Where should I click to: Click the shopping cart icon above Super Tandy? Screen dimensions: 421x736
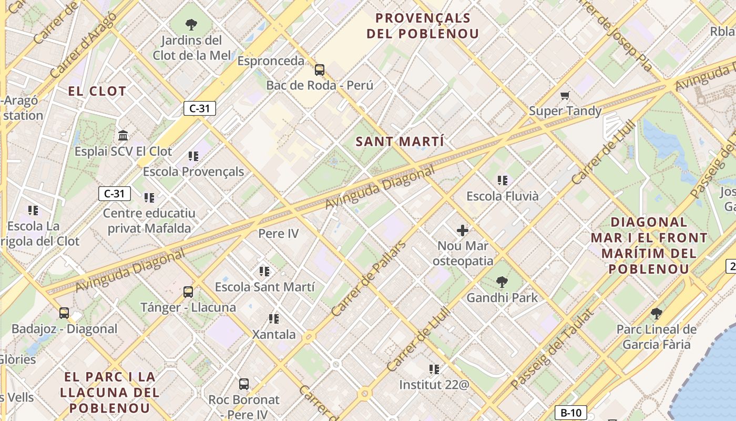[565, 96]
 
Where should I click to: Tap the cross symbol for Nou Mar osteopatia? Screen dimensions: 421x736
[463, 230]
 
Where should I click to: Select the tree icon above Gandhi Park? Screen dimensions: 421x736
[502, 283]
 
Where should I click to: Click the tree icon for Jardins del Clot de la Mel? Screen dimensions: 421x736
[191, 24]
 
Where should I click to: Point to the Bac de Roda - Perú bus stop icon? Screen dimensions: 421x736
[320, 69]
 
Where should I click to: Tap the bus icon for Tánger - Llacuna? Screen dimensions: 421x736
[188, 292]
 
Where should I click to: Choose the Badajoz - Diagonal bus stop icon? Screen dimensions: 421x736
[64, 313]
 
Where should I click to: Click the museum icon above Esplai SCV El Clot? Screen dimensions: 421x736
[123, 136]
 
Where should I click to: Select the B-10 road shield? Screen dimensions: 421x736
[570, 413]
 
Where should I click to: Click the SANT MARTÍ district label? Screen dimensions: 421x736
[400, 142]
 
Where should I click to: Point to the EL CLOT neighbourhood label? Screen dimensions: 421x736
[97, 91]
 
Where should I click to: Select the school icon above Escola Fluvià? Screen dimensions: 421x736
[503, 181]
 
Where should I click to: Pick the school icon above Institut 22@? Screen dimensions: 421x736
[434, 369]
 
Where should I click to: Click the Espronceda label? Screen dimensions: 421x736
[271, 61]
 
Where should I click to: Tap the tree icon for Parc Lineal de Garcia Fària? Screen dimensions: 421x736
[656, 314]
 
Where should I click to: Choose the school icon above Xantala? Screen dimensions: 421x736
[273, 319]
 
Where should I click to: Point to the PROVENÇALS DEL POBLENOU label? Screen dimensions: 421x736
[423, 26]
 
